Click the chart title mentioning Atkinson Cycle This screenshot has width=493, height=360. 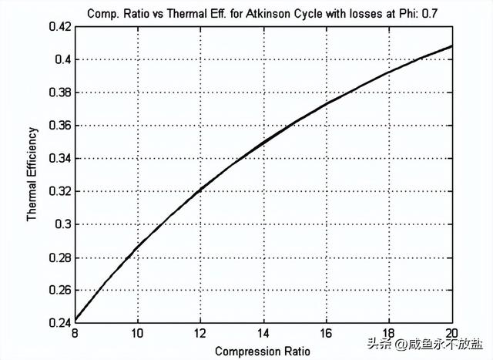pyautogui.click(x=263, y=13)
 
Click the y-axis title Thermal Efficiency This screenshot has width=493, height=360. pyautogui.click(x=32, y=174)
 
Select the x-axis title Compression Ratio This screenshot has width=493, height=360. pyautogui.click(x=263, y=351)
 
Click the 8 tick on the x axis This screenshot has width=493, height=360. pyautogui.click(x=74, y=334)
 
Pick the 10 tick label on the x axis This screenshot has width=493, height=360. pyautogui.click(x=137, y=334)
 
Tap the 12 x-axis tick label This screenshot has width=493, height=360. pyautogui.click(x=200, y=334)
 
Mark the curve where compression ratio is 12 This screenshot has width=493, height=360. pyautogui.click(x=200, y=189)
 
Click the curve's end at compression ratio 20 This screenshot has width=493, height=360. pyautogui.click(x=451, y=45)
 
